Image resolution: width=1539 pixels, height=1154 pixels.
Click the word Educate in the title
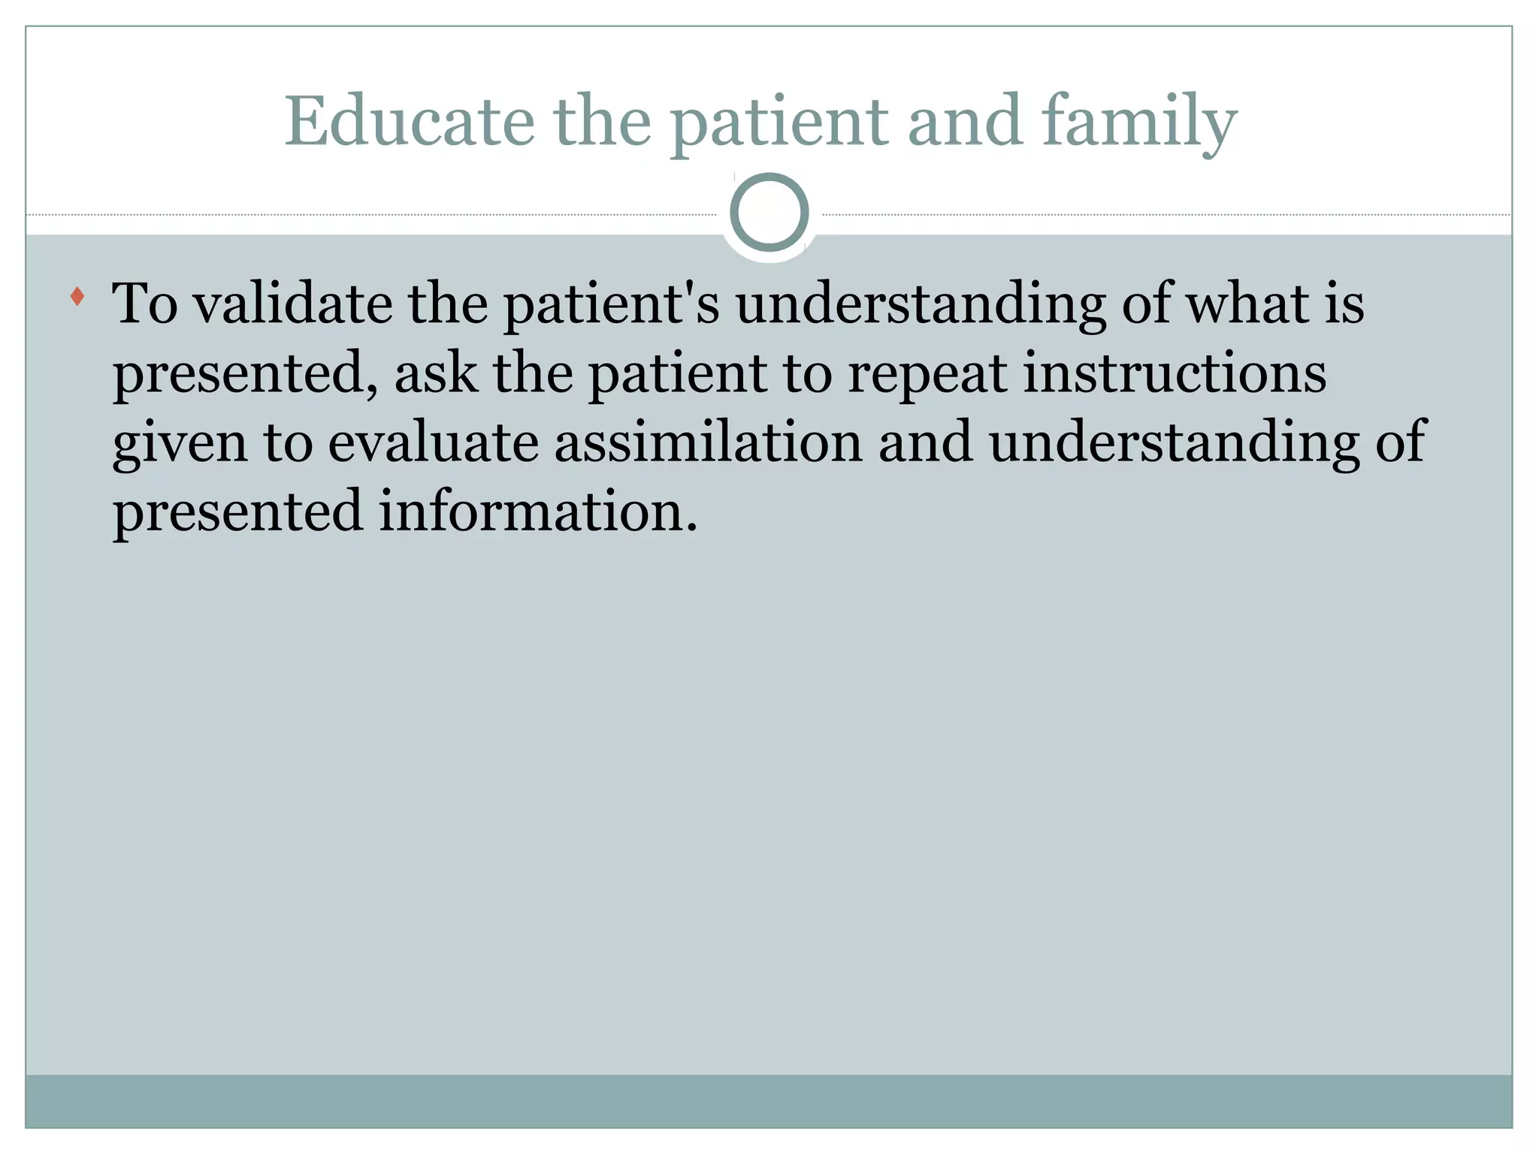click(x=410, y=122)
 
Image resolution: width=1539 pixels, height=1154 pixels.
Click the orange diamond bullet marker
click(x=77, y=296)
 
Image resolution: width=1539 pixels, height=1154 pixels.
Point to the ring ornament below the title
click(x=769, y=212)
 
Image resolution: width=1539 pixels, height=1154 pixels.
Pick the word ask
click(x=436, y=373)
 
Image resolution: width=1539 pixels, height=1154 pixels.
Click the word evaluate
click(x=434, y=442)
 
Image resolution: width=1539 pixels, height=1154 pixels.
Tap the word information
click(x=538, y=511)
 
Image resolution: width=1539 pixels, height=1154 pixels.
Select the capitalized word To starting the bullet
click(x=145, y=304)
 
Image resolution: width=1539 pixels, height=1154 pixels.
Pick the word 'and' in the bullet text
click(x=925, y=442)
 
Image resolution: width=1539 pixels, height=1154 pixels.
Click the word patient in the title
click(x=779, y=122)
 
